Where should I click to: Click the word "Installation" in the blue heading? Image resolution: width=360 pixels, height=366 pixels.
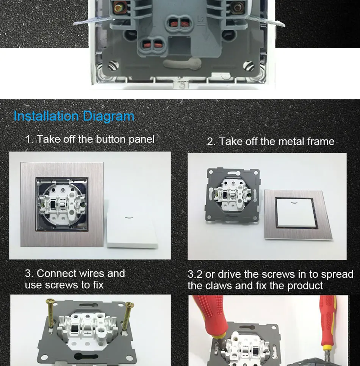pyautogui.click(x=46, y=116)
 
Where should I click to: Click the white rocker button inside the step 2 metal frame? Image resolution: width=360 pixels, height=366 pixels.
pyautogui.click(x=296, y=213)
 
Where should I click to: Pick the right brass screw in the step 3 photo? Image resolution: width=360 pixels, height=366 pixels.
pyautogui.click(x=127, y=316)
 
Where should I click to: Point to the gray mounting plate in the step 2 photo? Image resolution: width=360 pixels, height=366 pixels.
pyautogui.click(x=232, y=196)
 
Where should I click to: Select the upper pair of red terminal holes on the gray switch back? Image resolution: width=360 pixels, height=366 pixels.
pyautogui.click(x=179, y=23)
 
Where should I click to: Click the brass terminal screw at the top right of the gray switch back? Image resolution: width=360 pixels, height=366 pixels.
pyautogui.click(x=238, y=8)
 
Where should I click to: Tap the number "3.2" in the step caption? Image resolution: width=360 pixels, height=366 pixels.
pyautogui.click(x=195, y=274)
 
